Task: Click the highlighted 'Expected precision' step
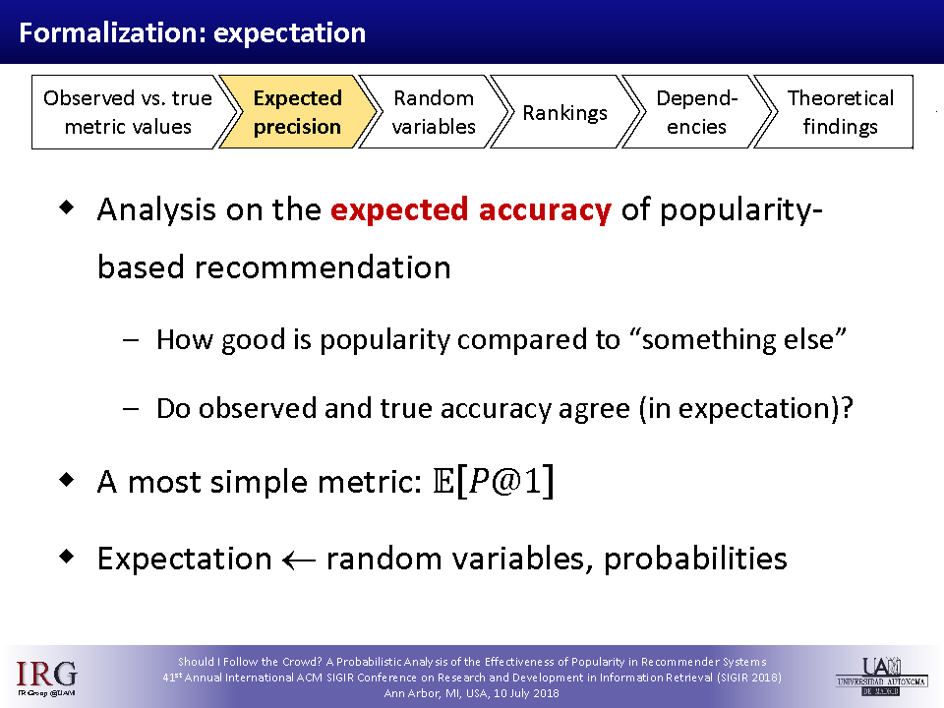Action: point(297,112)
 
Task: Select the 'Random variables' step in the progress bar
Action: point(434,112)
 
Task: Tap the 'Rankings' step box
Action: point(564,112)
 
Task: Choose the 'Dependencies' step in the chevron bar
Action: point(696,112)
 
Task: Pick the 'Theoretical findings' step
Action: point(838,112)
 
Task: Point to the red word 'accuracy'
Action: point(545,209)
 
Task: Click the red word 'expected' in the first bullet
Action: point(400,209)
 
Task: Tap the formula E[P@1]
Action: point(494,482)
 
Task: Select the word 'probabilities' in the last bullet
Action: point(695,559)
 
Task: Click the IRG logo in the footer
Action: point(46,678)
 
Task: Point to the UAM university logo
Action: point(881,677)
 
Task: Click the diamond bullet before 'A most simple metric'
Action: point(67,480)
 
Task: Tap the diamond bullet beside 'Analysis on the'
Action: point(67,207)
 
